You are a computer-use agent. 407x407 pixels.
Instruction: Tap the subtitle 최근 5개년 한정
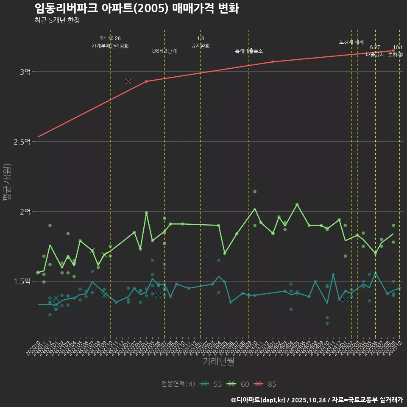(57, 20)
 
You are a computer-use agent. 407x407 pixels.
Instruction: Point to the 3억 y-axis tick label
(25, 72)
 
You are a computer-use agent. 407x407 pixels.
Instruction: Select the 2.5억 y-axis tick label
(22, 142)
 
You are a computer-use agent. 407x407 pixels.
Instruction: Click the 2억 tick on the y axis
(25, 212)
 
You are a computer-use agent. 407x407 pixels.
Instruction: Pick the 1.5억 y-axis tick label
(22, 282)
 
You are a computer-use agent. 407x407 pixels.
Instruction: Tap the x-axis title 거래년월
(218, 361)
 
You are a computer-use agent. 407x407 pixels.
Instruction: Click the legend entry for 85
(265, 384)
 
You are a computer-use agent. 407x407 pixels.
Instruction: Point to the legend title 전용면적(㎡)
(178, 384)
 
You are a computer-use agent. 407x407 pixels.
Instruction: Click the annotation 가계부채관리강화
(110, 46)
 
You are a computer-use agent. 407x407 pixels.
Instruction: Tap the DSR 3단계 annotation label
(164, 51)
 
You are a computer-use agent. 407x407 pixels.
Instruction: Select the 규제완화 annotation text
(201, 46)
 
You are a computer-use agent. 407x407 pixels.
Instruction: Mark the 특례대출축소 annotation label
(249, 51)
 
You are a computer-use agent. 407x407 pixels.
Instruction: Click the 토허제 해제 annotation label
(351, 42)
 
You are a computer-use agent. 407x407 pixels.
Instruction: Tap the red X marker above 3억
(128, 81)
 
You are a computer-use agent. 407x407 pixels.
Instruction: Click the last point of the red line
(393, 50)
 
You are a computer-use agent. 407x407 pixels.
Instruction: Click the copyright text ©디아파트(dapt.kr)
(259, 400)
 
